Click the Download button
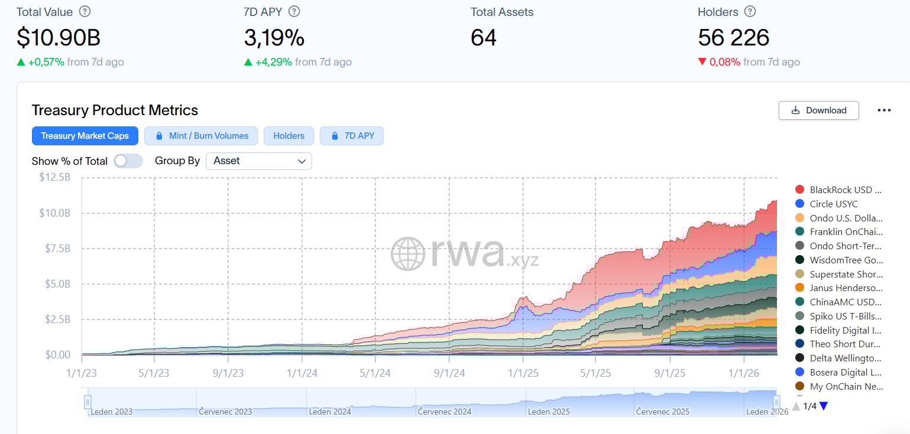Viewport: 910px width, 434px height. (818, 110)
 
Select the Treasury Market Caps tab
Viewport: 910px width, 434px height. (85, 136)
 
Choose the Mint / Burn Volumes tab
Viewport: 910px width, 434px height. (201, 136)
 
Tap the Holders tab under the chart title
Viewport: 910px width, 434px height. (289, 136)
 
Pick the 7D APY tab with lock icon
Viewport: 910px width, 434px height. (352, 136)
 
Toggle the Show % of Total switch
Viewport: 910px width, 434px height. (128, 161)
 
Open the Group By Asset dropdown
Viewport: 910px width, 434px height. (258, 161)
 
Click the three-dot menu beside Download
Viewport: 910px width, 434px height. (884, 110)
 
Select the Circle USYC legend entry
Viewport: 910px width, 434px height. (833, 204)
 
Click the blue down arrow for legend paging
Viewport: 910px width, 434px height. (824, 406)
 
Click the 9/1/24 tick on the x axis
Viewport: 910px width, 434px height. (449, 373)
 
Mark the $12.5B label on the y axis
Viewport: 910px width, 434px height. (54, 177)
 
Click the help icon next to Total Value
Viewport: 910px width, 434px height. (85, 12)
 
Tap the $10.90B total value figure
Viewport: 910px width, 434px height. (59, 38)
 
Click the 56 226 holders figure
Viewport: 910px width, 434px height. (733, 38)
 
